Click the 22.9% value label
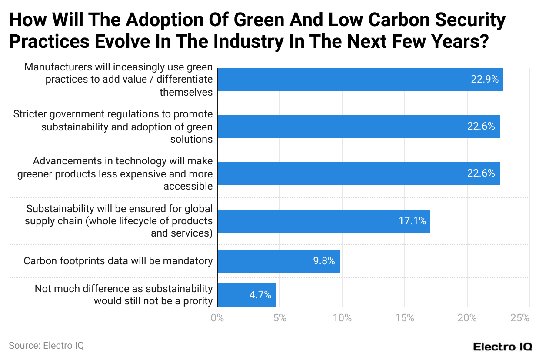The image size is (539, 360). [x=484, y=80]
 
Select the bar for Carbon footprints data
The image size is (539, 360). [x=278, y=261]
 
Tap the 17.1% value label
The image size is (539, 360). [x=412, y=221]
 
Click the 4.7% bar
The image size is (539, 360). [x=246, y=295]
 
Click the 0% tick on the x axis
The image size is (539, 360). [x=217, y=318]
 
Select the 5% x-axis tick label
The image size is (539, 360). [x=279, y=318]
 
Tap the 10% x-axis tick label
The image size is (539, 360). [x=342, y=318]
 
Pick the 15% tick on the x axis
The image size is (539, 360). [x=405, y=318]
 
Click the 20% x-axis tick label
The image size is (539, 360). [x=467, y=318]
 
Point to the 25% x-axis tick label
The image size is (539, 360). [x=520, y=318]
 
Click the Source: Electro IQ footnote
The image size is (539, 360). [x=46, y=346]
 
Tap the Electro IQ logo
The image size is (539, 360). [x=502, y=347]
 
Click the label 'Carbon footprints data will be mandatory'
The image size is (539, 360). [x=118, y=261]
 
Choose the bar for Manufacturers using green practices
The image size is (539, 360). [x=360, y=80]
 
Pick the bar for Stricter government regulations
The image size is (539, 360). [x=358, y=127]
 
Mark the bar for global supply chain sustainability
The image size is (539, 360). [x=323, y=221]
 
